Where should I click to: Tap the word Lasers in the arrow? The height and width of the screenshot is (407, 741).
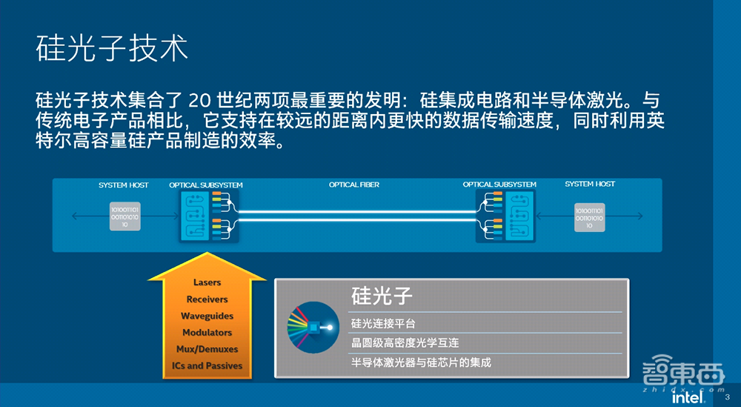pyautogui.click(x=207, y=282)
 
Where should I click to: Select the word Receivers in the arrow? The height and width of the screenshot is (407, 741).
pyautogui.click(x=207, y=300)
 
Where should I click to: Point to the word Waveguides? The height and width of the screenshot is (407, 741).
pyautogui.click(x=207, y=316)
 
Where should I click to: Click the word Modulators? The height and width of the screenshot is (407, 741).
pyautogui.click(x=207, y=333)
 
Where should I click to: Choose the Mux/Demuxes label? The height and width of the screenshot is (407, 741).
pyautogui.click(x=207, y=349)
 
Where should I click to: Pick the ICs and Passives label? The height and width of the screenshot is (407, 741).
pyautogui.click(x=207, y=365)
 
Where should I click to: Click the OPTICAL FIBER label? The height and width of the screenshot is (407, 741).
pyautogui.click(x=354, y=185)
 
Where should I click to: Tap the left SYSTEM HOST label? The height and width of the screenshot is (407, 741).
pyautogui.click(x=124, y=185)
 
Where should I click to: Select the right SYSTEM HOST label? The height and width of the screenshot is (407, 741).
pyautogui.click(x=590, y=184)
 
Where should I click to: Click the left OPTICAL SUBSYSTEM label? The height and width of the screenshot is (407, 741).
pyautogui.click(x=206, y=185)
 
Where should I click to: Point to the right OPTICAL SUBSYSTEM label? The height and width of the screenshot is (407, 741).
pyautogui.click(x=499, y=185)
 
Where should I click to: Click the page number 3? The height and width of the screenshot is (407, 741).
pyautogui.click(x=727, y=399)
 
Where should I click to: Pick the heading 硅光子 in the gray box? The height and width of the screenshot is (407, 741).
pyautogui.click(x=382, y=297)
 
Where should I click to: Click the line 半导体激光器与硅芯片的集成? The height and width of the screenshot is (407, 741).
pyautogui.click(x=421, y=363)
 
